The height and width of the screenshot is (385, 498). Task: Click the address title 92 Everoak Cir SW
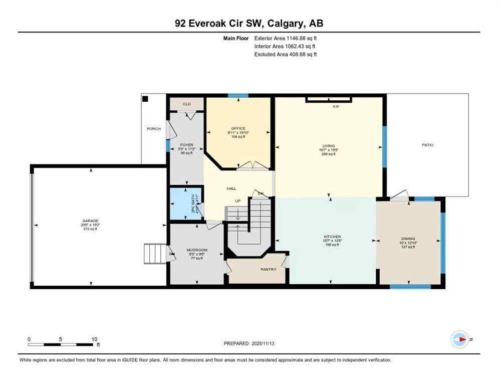pos(248,24)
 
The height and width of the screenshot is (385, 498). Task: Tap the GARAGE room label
pos(91,221)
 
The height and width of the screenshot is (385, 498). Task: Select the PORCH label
pos(154,129)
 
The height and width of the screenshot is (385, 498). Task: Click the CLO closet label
pos(186,104)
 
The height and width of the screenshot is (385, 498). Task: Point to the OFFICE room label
pos(238,128)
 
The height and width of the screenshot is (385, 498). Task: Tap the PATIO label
pos(427,145)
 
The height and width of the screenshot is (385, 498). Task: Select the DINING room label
pos(408,239)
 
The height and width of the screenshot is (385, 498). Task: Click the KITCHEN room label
pos(332,236)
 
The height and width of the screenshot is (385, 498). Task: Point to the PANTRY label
pos(269,269)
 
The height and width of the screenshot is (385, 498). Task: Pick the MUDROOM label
pos(197,250)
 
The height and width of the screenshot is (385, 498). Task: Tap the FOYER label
pos(186,145)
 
